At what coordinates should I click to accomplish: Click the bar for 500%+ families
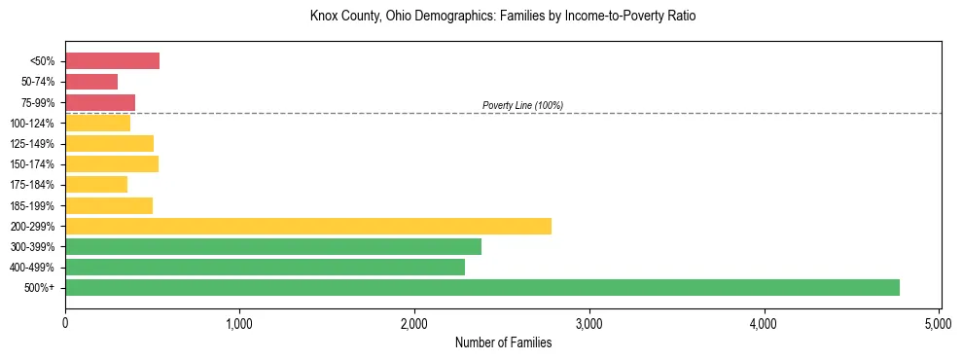pos(481,287)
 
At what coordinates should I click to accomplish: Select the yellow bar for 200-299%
pos(308,226)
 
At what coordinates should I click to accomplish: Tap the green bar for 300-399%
pos(273,246)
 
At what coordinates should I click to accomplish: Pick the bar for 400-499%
pos(265,267)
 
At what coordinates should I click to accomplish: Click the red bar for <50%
pos(112,61)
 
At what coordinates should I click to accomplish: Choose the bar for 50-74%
pos(91,82)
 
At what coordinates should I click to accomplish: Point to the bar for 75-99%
pos(100,102)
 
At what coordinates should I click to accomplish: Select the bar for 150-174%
pos(112,163)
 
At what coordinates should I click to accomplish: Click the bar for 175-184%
pos(96,184)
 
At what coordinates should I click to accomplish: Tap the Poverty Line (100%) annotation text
pos(522,105)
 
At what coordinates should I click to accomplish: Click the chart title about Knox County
pos(503,17)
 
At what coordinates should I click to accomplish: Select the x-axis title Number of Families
pos(503,342)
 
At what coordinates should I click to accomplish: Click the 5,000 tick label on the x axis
pos(938,321)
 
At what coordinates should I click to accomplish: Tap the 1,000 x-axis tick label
pos(239,321)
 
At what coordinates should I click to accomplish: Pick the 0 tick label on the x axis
pos(65,321)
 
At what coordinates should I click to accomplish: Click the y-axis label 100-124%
pos(32,124)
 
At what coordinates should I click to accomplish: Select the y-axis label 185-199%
pos(32,205)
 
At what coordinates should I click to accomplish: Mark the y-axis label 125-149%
pos(32,144)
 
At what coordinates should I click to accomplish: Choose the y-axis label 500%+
pos(39,288)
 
